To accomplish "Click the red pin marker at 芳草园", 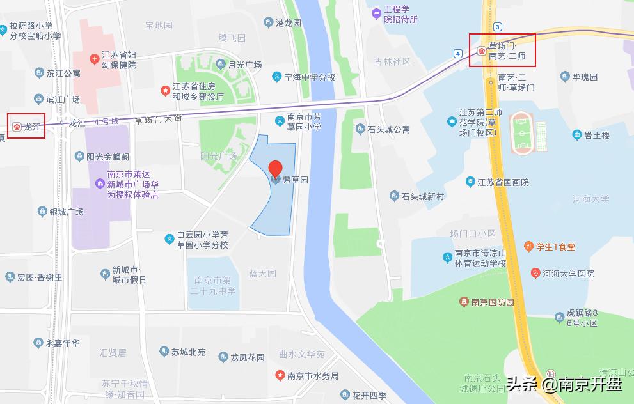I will [x=275, y=169].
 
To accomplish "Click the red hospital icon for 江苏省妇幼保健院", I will [x=95, y=59].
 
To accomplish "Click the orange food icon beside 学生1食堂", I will [x=529, y=246].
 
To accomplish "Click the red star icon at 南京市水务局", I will [x=280, y=375].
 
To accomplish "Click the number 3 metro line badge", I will [x=498, y=26].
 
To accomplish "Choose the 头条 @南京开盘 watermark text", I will [x=564, y=384].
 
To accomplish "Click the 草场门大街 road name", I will [x=158, y=119].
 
